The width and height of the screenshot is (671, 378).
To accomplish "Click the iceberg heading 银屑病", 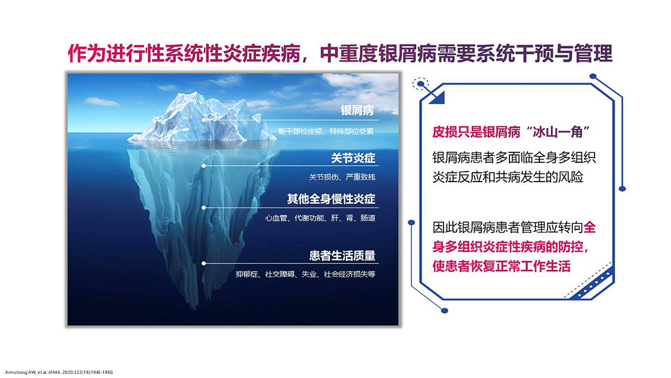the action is (357, 111).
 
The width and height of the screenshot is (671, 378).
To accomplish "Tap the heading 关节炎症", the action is (353, 158).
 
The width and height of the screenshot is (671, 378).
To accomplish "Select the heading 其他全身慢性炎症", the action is (331, 199).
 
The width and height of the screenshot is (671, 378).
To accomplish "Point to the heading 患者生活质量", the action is (342, 256).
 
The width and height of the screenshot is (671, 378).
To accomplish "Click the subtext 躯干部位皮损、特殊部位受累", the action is (326, 131).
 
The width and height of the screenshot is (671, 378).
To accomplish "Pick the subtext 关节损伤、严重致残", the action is (342, 177).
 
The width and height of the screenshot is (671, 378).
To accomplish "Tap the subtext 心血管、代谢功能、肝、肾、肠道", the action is (320, 218).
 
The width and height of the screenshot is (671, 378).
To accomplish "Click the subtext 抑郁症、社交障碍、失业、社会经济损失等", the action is (306, 274).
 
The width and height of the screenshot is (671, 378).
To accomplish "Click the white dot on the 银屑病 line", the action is (204, 120).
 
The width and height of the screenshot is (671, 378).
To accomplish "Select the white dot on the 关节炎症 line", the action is (204, 165).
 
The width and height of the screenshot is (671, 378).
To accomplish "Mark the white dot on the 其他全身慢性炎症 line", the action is (204, 208).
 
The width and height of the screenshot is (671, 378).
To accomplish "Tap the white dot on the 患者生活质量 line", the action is (204, 263).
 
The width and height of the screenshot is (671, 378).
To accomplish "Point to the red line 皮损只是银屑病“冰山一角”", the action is (511, 132).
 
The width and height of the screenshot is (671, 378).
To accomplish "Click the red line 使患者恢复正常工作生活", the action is (501, 266).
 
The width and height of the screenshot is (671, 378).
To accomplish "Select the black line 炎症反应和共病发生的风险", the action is (508, 177).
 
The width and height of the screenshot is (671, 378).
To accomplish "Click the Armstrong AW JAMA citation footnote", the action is (59, 372).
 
